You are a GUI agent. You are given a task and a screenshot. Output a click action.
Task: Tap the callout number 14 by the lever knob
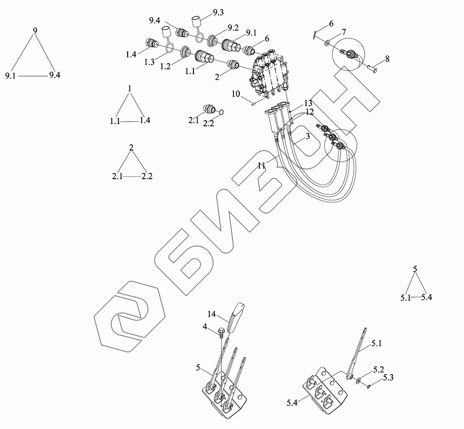pyautogui.click(x=212, y=315)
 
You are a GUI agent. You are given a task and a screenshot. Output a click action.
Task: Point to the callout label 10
pyautogui.click(x=236, y=95)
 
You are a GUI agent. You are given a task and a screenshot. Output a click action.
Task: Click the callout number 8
pyautogui.click(x=387, y=59)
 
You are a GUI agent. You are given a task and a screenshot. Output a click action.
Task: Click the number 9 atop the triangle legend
pyautogui.click(x=35, y=31)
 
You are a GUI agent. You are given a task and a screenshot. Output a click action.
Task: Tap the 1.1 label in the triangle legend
pyautogui.click(x=116, y=121)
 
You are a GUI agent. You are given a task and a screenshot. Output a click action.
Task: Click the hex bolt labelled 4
pyautogui.click(x=221, y=331)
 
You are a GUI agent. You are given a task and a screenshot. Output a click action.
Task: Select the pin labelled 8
pyautogui.click(x=372, y=68)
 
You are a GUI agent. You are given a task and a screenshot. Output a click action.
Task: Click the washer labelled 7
pyautogui.click(x=328, y=43)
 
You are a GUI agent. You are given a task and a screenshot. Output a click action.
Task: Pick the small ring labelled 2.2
pyautogui.click(x=221, y=111)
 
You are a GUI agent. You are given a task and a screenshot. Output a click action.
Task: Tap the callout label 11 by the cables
pyautogui.click(x=262, y=164)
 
